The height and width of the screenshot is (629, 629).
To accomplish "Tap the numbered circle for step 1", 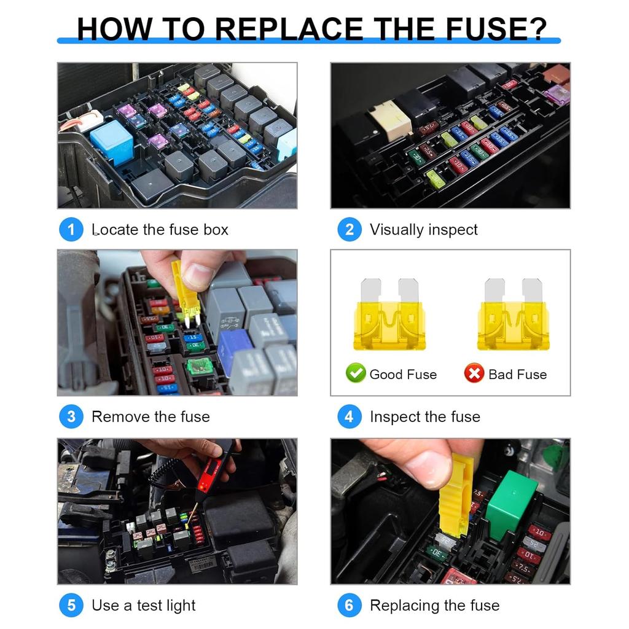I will point(71,230).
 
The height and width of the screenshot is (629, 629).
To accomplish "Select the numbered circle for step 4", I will point(349,416).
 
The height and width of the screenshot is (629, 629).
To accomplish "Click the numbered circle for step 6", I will point(349,606).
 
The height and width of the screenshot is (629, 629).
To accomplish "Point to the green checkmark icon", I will point(356,373).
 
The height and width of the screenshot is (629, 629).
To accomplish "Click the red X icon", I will point(474,373).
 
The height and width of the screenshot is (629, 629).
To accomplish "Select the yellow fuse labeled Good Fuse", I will point(389,315).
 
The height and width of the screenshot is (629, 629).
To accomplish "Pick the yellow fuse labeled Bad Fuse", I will point(513,315).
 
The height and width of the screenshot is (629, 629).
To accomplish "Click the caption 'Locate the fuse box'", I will point(160,230).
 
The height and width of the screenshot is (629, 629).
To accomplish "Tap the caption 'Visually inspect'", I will point(423,230).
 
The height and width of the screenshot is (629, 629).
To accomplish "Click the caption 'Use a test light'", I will point(143,606).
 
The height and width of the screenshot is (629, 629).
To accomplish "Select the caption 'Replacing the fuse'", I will point(434,606).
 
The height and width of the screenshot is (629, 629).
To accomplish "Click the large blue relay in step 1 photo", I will point(112,141).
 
